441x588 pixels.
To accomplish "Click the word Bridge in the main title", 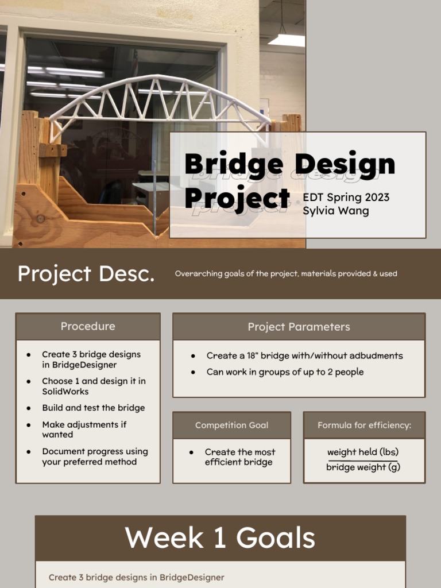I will pyautogui.click(x=234, y=165).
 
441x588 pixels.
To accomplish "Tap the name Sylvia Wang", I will pyautogui.click(x=336, y=211).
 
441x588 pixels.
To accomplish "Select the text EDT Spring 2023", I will pyautogui.click(x=346, y=198).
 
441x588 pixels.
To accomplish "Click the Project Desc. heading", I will pyautogui.click(x=86, y=274).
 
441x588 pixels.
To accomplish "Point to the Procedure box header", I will pyautogui.click(x=88, y=326).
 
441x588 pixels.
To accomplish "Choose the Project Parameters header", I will pyautogui.click(x=299, y=327).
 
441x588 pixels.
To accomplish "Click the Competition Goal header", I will pyautogui.click(x=231, y=425).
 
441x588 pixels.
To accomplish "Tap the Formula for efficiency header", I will pyautogui.click(x=364, y=425).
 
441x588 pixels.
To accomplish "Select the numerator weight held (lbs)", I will pyautogui.click(x=363, y=452).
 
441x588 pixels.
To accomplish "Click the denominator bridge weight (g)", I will pyautogui.click(x=363, y=467).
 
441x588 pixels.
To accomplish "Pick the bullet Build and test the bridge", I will pyautogui.click(x=93, y=408).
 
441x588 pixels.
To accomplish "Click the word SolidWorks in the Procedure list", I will pyautogui.click(x=65, y=392).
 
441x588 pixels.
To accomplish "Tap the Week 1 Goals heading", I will pyautogui.click(x=220, y=538).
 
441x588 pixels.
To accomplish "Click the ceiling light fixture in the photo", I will pyautogui.click(x=287, y=40).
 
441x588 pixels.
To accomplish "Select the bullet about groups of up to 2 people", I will pyautogui.click(x=285, y=372).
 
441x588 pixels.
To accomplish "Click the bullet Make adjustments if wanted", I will pyautogui.click(x=84, y=430).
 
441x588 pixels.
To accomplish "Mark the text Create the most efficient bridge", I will pyautogui.click(x=239, y=457).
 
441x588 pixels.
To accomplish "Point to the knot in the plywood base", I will pyautogui.click(x=40, y=219).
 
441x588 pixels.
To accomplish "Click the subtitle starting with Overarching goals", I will pyautogui.click(x=286, y=274).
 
